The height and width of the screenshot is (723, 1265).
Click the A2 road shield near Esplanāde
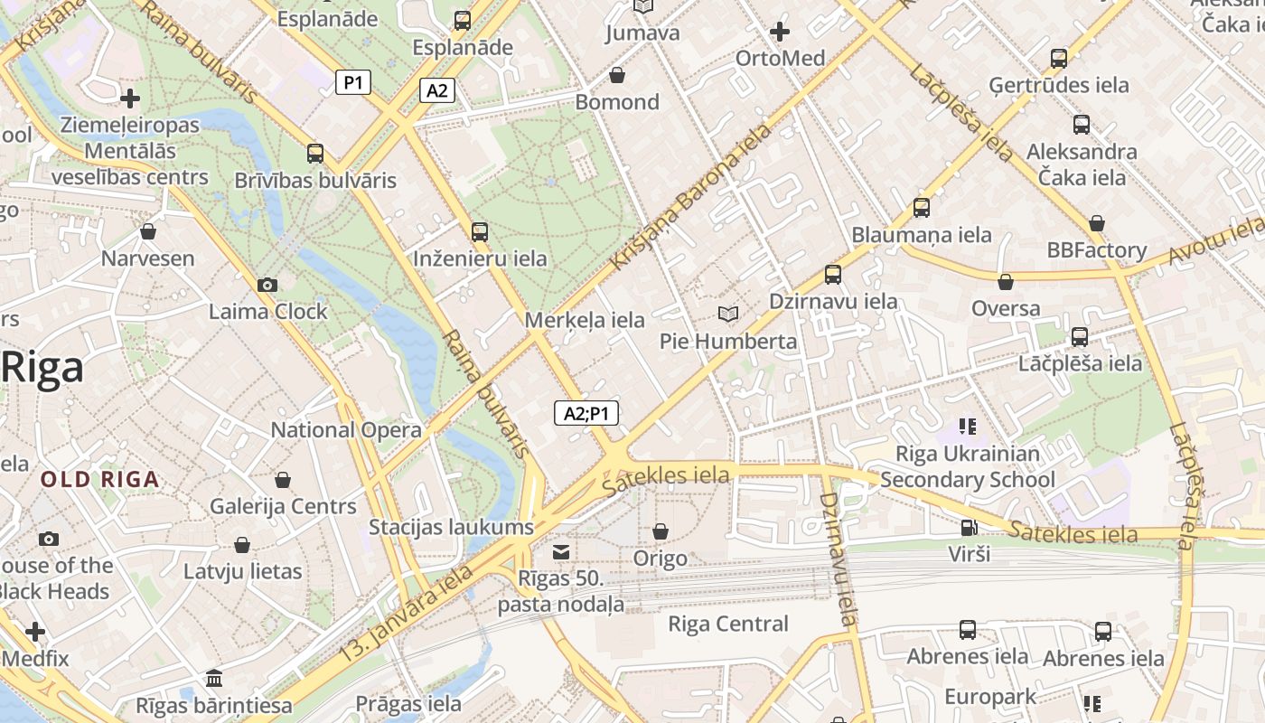[436, 90]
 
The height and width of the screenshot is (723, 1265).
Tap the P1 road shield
[353, 83]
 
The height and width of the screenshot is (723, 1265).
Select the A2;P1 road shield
[586, 414]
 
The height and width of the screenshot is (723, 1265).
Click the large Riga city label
[42, 368]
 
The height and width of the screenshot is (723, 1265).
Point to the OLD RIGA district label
[100, 480]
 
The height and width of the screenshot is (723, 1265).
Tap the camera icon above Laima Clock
[267, 286]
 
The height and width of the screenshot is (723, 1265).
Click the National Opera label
[346, 430]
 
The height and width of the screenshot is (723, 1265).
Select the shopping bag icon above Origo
[661, 531]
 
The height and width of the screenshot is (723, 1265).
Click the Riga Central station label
[727, 624]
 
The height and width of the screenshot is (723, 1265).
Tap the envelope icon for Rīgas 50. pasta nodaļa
[561, 552]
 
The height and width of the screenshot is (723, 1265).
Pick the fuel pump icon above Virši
[969, 528]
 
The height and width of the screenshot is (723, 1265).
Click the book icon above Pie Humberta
[727, 314]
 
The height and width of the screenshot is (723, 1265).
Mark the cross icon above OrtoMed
[780, 33]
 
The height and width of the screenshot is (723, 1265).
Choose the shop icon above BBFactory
[1096, 223]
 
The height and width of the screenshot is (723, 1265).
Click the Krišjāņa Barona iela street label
[691, 197]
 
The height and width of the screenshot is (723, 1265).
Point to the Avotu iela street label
[1214, 240]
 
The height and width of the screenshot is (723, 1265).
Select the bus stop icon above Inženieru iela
[480, 232]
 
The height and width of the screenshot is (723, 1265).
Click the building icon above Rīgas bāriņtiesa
[214, 678]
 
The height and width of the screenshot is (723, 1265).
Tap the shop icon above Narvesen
[148, 232]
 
